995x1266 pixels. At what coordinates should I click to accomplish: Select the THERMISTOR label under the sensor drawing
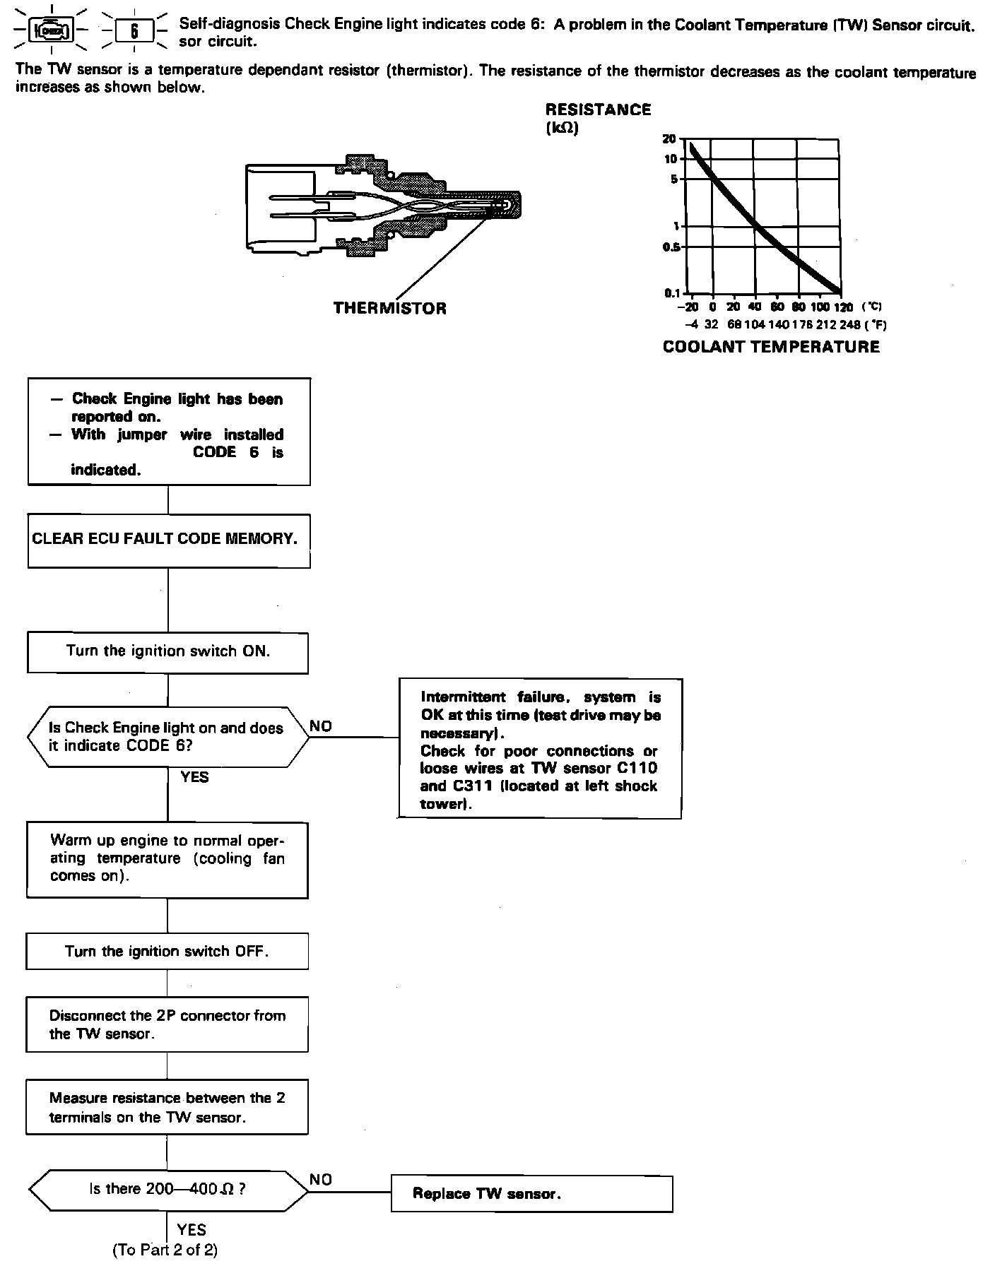pyautogui.click(x=389, y=309)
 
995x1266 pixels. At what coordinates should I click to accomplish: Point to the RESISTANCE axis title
pyautogui.click(x=598, y=110)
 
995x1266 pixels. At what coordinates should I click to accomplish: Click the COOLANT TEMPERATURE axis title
pyautogui.click(x=771, y=347)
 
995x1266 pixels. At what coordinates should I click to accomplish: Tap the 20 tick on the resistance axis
pyautogui.click(x=669, y=139)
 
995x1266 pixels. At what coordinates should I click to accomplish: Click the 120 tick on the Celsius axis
pyautogui.click(x=842, y=307)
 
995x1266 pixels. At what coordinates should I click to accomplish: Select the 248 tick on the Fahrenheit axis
pyautogui.click(x=851, y=325)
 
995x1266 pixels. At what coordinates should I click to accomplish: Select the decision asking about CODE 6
pyautogui.click(x=167, y=737)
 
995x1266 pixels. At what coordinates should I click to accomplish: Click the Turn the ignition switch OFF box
pyautogui.click(x=167, y=951)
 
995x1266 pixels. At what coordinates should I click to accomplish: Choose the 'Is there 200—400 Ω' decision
pyautogui.click(x=167, y=1189)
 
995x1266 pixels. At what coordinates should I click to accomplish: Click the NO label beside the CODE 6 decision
pyautogui.click(x=321, y=726)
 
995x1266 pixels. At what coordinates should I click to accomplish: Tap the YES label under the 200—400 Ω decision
pyautogui.click(x=192, y=1230)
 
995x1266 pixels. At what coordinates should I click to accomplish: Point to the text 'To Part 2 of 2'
pyautogui.click(x=165, y=1250)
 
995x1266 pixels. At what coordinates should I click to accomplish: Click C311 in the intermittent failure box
pyautogui.click(x=472, y=786)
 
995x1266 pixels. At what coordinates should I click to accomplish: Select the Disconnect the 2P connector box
pyautogui.click(x=167, y=1024)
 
